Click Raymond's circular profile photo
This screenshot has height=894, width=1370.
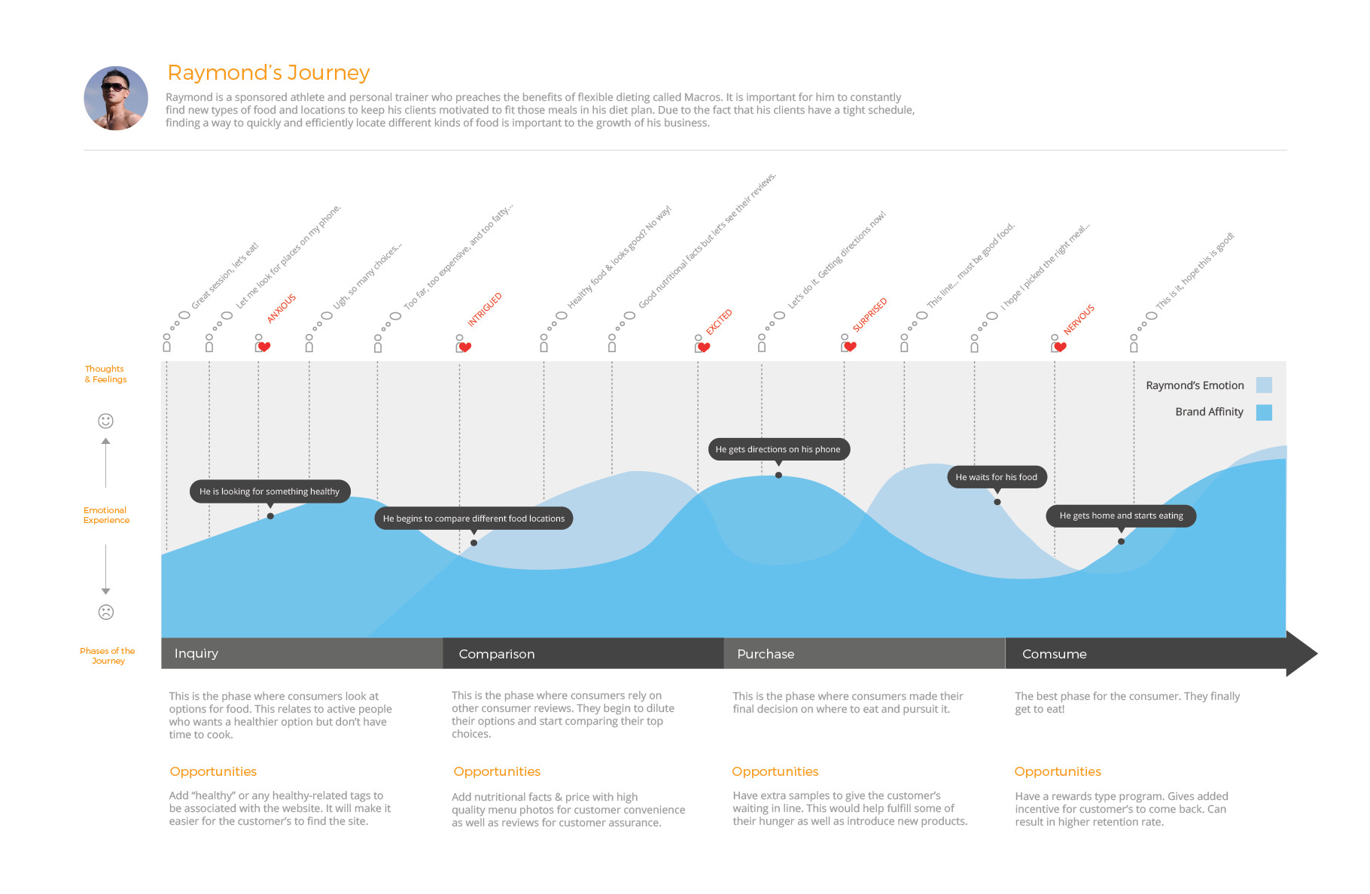point(116,99)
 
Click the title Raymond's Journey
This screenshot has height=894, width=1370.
point(268,73)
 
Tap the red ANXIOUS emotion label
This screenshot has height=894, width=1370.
point(282,309)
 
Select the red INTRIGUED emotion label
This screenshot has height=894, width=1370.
point(485,310)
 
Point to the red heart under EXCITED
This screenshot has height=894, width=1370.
point(704,348)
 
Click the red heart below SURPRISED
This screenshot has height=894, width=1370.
point(851,347)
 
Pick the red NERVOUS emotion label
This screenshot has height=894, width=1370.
point(1079,320)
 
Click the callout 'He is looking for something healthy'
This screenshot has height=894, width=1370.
point(269,491)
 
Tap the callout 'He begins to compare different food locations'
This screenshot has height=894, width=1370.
point(473,518)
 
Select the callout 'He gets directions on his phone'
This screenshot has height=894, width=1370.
point(778,449)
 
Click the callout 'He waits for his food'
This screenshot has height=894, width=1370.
point(996,477)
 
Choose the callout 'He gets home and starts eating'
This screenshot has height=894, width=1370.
point(1121,516)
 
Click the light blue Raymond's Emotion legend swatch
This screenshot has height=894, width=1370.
point(1264,385)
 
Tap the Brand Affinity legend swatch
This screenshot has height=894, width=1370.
point(1264,412)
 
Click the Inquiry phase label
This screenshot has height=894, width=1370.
point(196,654)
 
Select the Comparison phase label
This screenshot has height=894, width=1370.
point(497,655)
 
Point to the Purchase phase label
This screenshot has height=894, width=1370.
point(766,655)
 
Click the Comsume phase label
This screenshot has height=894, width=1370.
point(1054,655)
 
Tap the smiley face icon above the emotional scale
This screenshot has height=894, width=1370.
point(106,421)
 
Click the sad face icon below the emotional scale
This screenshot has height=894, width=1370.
point(106,613)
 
